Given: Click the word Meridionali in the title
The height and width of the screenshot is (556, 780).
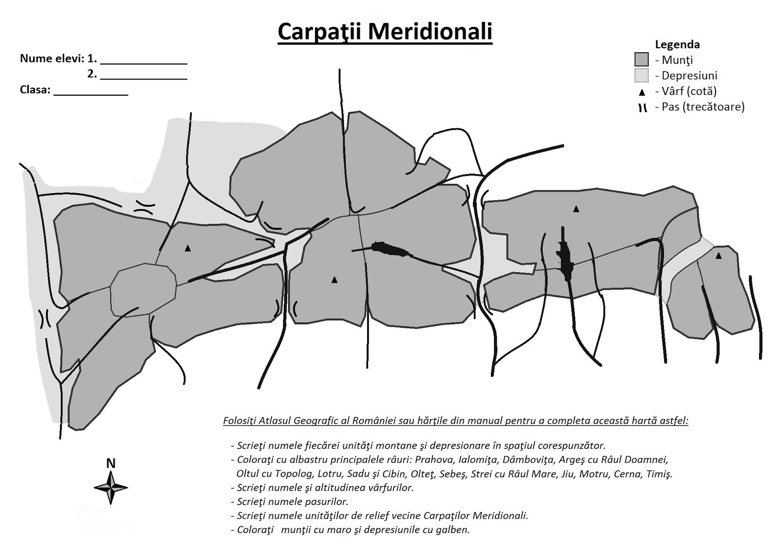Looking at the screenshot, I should click(429, 31).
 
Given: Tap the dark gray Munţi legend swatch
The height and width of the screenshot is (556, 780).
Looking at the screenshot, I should click(642, 60).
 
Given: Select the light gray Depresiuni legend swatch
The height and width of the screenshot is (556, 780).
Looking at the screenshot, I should click(642, 76).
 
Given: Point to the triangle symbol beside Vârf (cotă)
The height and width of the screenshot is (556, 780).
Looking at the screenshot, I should click(642, 92).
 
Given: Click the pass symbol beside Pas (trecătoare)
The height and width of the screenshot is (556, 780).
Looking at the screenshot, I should click(643, 108).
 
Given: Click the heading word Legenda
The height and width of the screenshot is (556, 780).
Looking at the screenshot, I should click(677, 44).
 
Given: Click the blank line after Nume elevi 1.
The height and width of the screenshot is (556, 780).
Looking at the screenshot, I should click(143, 63).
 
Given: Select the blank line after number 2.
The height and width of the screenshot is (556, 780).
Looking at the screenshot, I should click(143, 78).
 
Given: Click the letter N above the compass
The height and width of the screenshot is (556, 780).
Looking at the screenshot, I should click(111, 463).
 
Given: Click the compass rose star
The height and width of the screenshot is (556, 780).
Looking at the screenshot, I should click(111, 487).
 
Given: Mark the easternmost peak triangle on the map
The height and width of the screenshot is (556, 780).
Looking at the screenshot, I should click(718, 256).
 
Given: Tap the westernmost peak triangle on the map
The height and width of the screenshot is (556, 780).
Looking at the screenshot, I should click(188, 248).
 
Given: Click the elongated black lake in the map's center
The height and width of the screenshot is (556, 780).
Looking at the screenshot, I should click(390, 249).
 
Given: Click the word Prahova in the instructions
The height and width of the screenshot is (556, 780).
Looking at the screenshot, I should click(431, 459).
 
